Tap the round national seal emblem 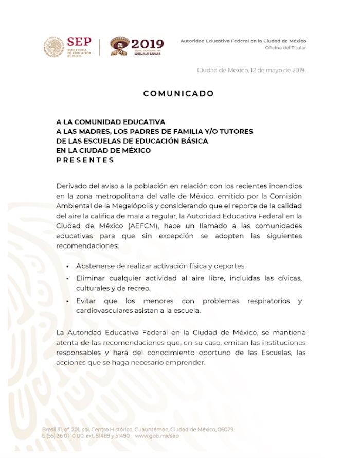point(53,46)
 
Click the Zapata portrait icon point(119,46)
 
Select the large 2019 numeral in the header point(148,44)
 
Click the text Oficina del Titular point(285,48)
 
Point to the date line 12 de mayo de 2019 point(251,70)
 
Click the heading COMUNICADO point(178,94)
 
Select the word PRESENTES point(85,160)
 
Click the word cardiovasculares point(105,310)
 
